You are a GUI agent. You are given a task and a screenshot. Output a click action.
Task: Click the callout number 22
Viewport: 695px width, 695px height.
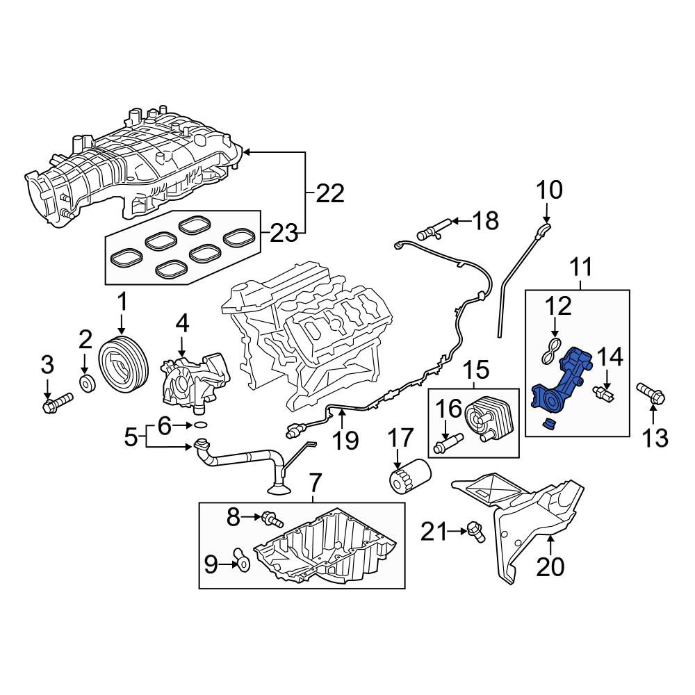tap(329, 194)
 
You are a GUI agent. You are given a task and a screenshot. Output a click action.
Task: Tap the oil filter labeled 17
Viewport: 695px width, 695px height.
tap(410, 476)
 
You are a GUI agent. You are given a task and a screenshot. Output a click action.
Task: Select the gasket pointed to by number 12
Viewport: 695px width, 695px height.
tap(552, 350)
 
